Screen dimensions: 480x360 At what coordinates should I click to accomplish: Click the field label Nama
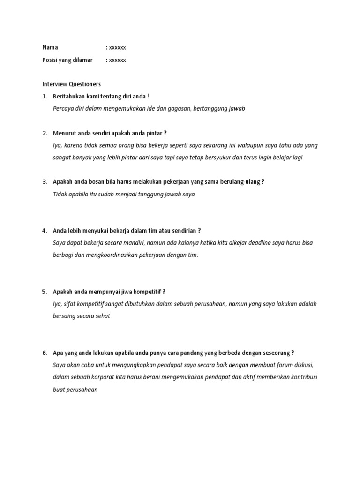pyautogui.click(x=51, y=47)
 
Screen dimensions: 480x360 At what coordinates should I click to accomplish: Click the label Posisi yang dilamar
pyautogui.click(x=67, y=60)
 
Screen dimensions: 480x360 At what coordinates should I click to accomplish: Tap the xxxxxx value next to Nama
pyautogui.click(x=117, y=47)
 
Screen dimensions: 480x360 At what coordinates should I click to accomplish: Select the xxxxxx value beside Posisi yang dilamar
pyautogui.click(x=117, y=60)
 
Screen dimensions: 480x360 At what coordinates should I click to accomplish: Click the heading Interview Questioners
pyautogui.click(x=71, y=84)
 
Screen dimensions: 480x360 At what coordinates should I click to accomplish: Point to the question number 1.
pyautogui.click(x=44, y=97)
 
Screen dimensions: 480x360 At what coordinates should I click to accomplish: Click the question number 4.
pyautogui.click(x=44, y=231)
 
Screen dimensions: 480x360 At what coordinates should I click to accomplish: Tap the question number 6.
pyautogui.click(x=44, y=353)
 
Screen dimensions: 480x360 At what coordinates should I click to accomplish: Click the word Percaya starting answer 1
pyautogui.click(x=64, y=109)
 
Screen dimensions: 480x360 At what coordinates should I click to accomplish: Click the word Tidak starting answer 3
pyautogui.click(x=61, y=194)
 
